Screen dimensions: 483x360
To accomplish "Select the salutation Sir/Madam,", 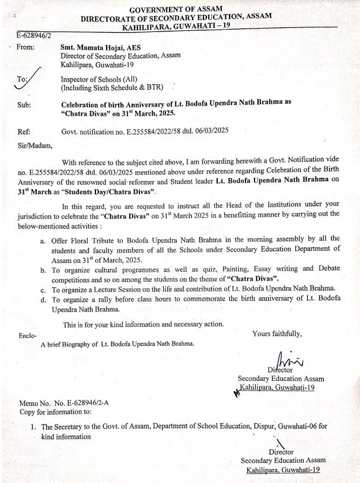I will click(35, 145).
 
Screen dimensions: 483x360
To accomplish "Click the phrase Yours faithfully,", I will click(276, 333).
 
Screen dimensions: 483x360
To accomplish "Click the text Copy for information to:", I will click(55, 411).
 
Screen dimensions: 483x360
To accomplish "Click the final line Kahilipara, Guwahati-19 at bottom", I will click(283, 469).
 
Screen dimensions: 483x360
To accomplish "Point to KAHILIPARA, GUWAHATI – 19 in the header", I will click(177, 27).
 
